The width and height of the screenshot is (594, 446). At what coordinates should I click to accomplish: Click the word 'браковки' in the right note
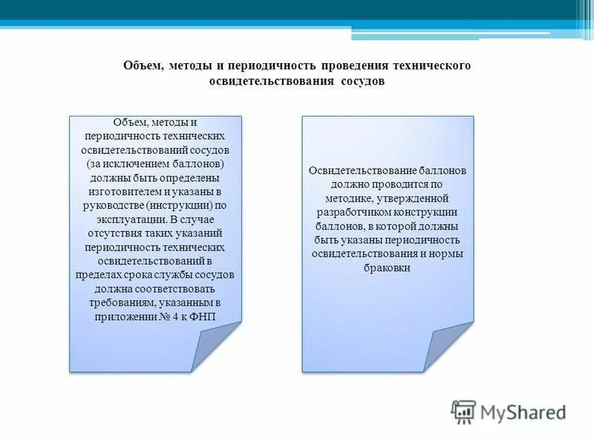point(387,268)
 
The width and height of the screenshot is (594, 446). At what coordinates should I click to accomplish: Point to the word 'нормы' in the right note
point(446,253)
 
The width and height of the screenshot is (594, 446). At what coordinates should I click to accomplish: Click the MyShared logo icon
point(463,411)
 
